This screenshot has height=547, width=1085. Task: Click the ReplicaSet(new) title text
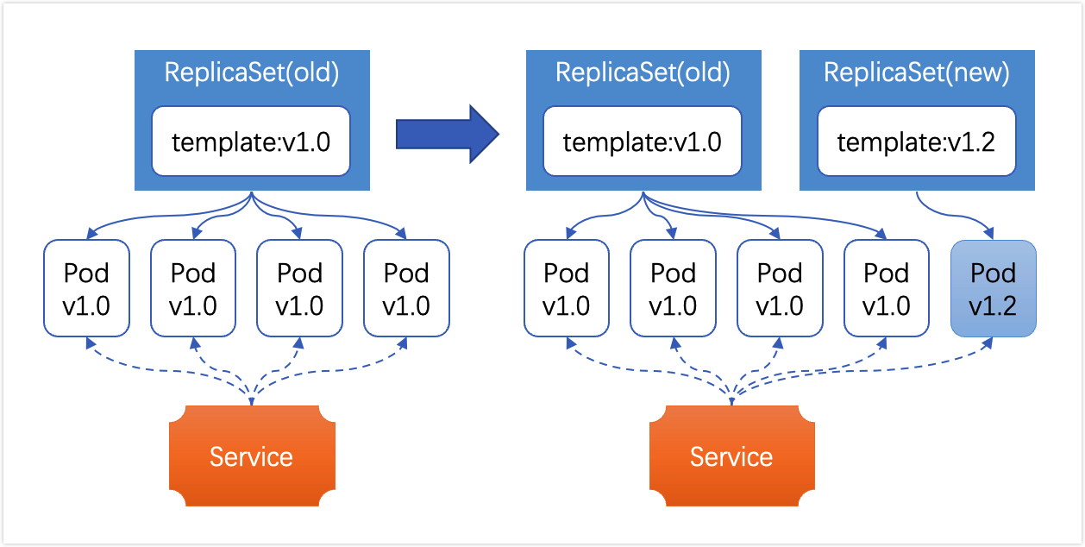pos(917,73)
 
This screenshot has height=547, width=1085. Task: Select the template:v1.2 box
pos(917,141)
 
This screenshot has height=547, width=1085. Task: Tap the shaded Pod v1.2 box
pos(993,288)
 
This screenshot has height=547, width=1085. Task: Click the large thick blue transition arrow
pos(447,135)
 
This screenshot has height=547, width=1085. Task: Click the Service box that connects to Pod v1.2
pos(732,456)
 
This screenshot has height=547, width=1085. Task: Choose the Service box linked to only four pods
pos(252,456)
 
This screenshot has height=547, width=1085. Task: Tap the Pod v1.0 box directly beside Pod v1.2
pos(887,288)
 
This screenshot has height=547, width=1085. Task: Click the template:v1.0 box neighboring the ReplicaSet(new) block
pos(643,141)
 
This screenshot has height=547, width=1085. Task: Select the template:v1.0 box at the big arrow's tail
pos(251,141)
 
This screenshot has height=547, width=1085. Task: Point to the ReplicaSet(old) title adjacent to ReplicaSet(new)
pos(643,73)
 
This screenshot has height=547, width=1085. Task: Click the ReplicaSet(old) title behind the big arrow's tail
pos(251,73)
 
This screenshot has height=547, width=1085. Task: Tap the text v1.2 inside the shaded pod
pos(993,306)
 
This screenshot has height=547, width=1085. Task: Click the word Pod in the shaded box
pos(993,273)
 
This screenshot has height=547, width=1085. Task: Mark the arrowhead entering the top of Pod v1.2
pos(988,233)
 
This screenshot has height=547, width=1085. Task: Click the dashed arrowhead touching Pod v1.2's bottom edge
pos(988,343)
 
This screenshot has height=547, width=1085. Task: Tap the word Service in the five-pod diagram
pos(731,457)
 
